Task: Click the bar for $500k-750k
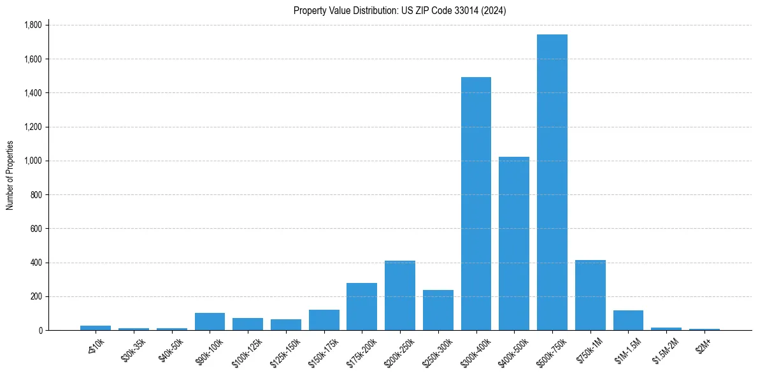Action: [552, 182]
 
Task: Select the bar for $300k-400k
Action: [476, 204]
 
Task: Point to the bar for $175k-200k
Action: [362, 307]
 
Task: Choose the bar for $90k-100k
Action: [210, 321]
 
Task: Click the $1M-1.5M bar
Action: [628, 320]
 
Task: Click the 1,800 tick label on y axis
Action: [32, 25]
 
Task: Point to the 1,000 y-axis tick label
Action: [32, 161]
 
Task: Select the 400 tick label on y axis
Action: [37, 263]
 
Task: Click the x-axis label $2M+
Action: [703, 347]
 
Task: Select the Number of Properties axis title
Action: [10, 175]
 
